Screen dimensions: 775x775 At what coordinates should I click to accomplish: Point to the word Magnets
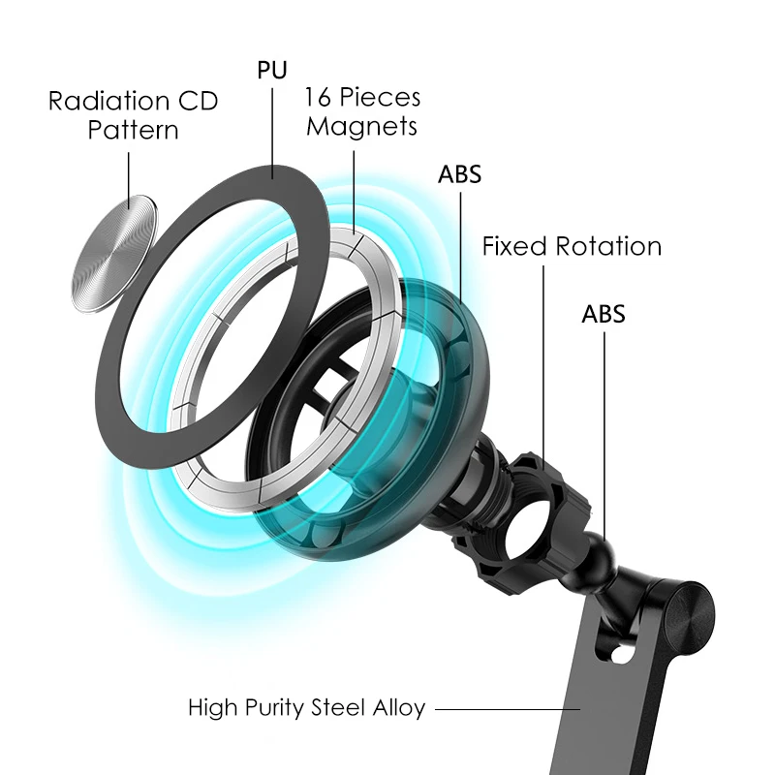[x=361, y=126]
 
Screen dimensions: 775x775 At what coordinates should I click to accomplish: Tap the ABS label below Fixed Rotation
[x=604, y=314]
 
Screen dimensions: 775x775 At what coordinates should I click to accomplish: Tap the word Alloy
[x=398, y=709]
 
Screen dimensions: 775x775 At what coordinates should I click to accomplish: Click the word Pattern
[x=133, y=130]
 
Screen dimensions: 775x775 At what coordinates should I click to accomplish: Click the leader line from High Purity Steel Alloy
[x=504, y=709]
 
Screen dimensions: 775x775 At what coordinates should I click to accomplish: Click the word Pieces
[x=382, y=98]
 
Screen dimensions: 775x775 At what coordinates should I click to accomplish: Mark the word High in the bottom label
[x=210, y=709]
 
